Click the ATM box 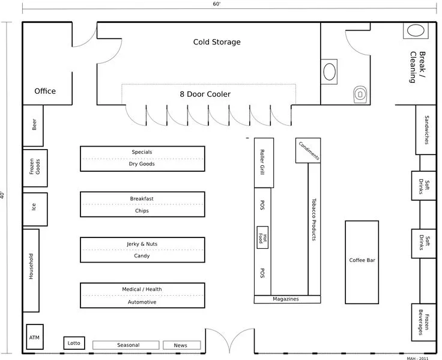tap(34, 337)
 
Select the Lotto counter tap(74, 343)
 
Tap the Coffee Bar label tap(362, 261)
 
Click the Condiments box tap(307, 151)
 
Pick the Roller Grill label tap(263, 162)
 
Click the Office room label tap(45, 91)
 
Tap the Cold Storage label tap(217, 42)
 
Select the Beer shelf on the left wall tap(34, 125)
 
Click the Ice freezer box tap(34, 206)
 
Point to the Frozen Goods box tap(34, 168)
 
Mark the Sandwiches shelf tap(426, 129)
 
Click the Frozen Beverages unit tap(425, 325)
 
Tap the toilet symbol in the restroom tap(360, 93)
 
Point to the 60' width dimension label tap(216, 4)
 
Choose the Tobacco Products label tap(313, 220)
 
